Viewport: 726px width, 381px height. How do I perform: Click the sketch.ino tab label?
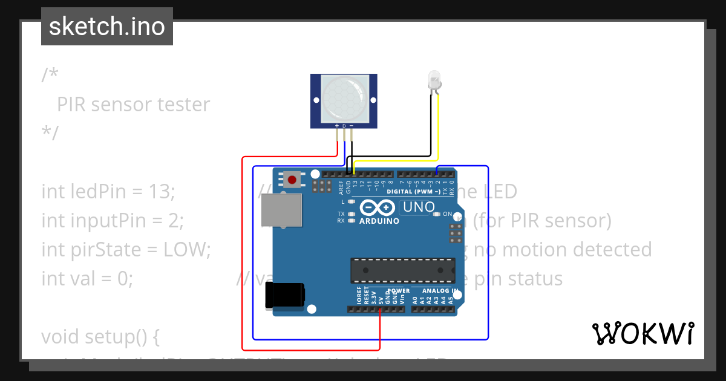(107, 27)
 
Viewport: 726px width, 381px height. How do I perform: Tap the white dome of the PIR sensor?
(344, 97)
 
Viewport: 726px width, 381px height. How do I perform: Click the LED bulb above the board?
(434, 80)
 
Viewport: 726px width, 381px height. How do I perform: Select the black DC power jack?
(284, 297)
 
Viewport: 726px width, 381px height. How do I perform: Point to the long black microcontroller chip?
(403, 270)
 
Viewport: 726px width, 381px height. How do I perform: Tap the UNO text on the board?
(419, 207)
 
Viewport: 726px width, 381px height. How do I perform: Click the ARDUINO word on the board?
(379, 221)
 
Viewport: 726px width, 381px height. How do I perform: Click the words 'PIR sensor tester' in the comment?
(133, 105)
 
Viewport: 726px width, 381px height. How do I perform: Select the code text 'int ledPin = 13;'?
(108, 192)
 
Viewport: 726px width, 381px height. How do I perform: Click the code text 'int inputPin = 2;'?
(113, 221)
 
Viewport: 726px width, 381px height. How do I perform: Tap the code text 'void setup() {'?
(100, 336)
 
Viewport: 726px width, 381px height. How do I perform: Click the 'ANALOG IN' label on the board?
(440, 291)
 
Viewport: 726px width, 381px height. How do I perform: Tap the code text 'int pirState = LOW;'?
(126, 249)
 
